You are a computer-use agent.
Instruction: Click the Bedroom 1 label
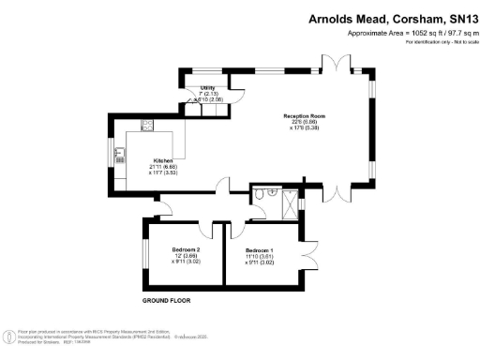pos(260,250)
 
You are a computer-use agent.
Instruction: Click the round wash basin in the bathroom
pos(272,189)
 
